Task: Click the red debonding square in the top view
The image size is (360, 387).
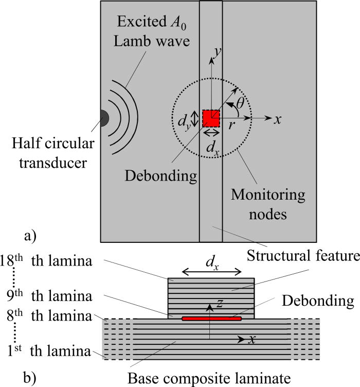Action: point(211,118)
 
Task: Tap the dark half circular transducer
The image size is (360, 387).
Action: point(104,118)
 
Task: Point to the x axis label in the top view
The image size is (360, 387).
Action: point(278,119)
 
